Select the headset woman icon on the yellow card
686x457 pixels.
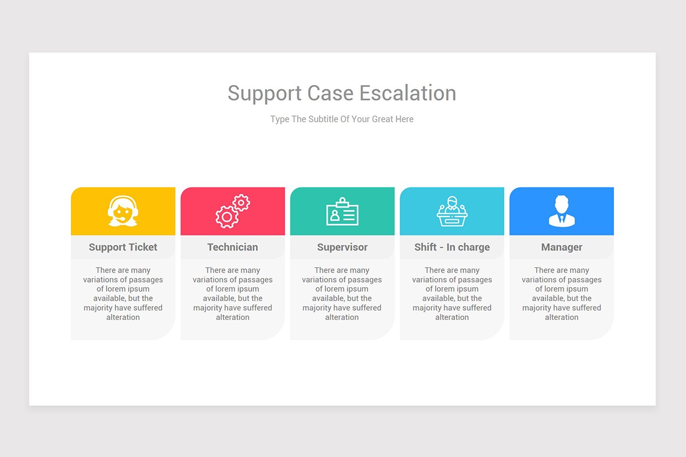coord(123,211)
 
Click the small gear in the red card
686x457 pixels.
coord(241,202)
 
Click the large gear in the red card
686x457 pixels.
coord(227,217)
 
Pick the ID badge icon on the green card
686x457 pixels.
coord(342,212)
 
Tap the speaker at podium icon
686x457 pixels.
coord(452,211)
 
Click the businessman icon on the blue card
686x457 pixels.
coord(561,211)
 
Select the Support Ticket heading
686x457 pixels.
coord(123,247)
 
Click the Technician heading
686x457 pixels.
coord(233,247)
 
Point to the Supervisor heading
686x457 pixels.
coord(342,247)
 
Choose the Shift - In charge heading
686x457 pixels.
coord(452,247)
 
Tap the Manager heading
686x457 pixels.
coord(561,247)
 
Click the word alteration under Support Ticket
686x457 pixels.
coord(123,317)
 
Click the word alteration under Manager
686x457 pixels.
coord(561,317)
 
